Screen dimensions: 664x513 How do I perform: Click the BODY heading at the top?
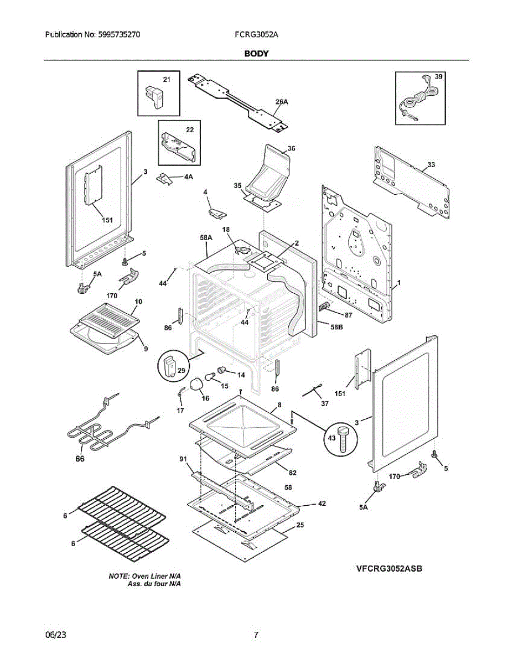[256, 54]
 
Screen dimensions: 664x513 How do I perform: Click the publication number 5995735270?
[118, 34]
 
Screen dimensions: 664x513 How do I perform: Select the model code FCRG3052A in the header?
[256, 34]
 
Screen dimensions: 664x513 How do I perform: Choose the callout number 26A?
[282, 102]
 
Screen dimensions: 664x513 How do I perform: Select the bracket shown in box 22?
[178, 146]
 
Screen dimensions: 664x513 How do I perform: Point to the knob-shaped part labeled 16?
[196, 386]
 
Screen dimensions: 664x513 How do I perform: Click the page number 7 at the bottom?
[256, 635]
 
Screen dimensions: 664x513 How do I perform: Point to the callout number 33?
[431, 165]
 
